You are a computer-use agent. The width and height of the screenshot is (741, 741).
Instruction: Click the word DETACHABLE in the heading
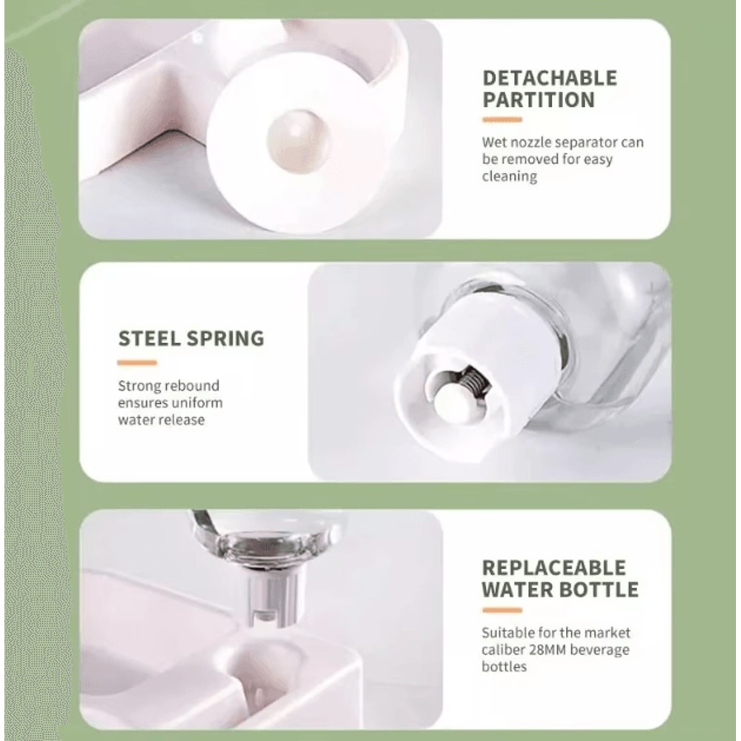click(x=550, y=78)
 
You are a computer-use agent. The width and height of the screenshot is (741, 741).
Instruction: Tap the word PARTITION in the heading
click(x=538, y=100)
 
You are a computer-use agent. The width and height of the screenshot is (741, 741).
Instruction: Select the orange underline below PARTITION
click(x=502, y=120)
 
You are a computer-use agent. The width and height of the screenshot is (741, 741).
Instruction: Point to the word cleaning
click(x=510, y=177)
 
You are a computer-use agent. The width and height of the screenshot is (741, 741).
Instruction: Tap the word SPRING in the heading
click(x=225, y=339)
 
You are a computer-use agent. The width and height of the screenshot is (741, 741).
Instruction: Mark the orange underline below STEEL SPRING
click(x=137, y=363)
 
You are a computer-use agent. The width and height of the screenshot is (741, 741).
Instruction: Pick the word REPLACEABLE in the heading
click(x=554, y=568)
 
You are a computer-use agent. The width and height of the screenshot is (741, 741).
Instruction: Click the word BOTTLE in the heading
click(x=599, y=590)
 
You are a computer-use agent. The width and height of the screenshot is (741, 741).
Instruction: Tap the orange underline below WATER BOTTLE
click(x=502, y=610)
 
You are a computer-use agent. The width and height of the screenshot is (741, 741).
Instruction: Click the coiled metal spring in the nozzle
click(x=473, y=379)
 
